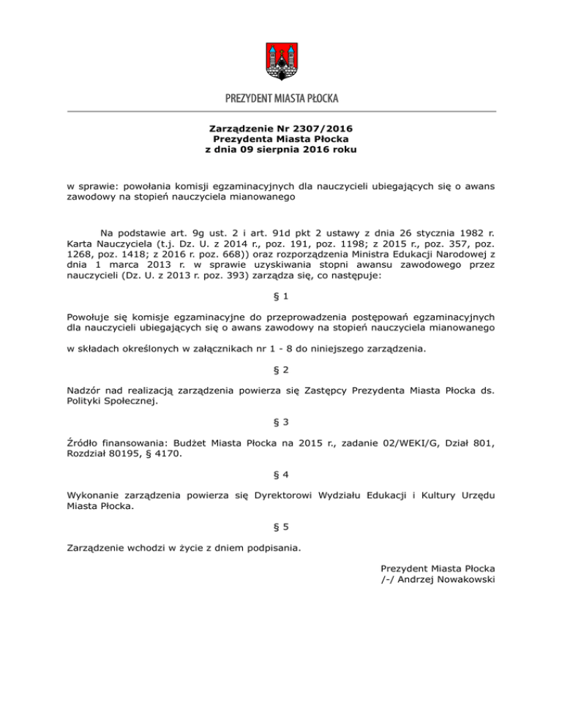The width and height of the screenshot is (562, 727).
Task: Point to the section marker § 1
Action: coord(281,295)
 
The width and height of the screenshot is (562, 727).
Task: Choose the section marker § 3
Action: coord(281,421)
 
